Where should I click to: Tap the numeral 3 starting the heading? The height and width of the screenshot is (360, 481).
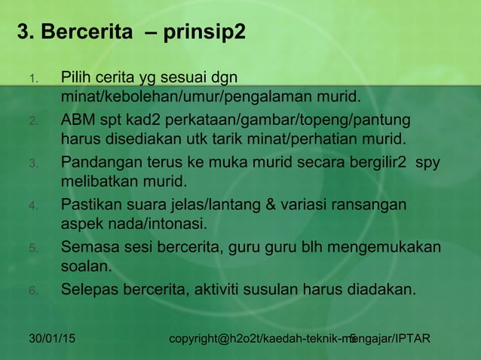pos(23,34)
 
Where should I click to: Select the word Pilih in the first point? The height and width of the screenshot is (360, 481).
pos(76,77)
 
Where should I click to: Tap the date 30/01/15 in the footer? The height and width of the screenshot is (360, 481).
pos(51,339)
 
